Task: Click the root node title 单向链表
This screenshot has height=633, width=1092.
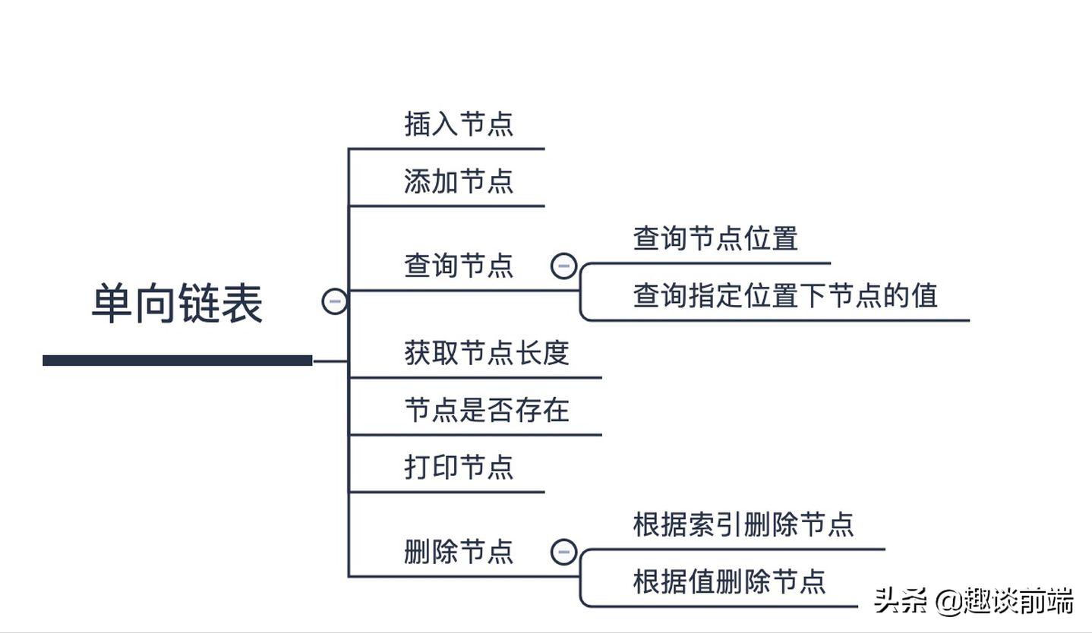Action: [177, 304]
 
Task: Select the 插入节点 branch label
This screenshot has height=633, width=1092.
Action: [459, 124]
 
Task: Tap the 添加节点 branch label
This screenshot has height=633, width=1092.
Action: [459, 181]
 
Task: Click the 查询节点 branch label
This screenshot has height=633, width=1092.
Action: [459, 266]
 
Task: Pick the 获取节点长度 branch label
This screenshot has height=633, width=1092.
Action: [487, 353]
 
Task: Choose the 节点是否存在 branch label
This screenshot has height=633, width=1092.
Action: [487, 411]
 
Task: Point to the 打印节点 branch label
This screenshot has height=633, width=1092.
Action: [459, 467]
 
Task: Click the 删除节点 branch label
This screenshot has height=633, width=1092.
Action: [459, 551]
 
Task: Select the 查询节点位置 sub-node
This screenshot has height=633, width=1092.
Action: [715, 238]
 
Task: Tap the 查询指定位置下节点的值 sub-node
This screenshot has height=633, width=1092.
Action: [785, 295]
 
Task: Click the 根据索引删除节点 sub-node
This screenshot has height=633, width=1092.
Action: [743, 524]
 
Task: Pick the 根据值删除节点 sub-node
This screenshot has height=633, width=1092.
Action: [729, 581]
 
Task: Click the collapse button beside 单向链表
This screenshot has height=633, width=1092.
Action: [335, 301]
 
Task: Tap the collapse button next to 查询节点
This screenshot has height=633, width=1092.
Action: [563, 266]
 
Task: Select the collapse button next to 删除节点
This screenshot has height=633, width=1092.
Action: [563, 551]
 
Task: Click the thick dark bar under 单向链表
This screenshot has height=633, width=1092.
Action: [177, 361]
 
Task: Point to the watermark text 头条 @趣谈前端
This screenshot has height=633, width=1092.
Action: [974, 601]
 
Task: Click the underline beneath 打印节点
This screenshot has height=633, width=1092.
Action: [447, 492]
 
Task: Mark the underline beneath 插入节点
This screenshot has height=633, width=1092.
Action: [447, 149]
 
